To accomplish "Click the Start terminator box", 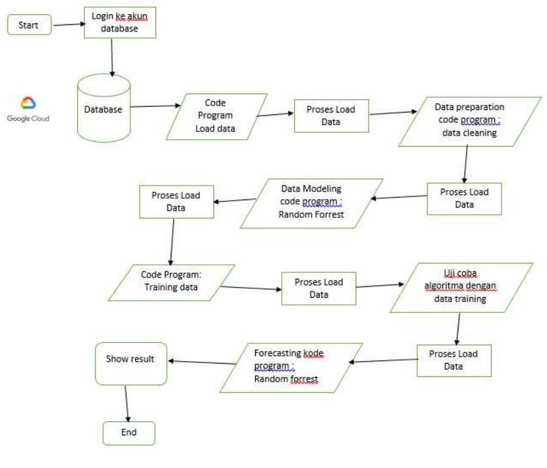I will (x=29, y=25).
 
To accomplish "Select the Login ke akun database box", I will (x=120, y=24).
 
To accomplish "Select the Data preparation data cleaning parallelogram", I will (x=470, y=121).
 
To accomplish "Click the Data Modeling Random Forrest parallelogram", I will (x=312, y=203).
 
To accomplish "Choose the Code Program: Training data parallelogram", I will (x=171, y=282).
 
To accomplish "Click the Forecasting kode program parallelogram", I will (x=291, y=367).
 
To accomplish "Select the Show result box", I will (x=131, y=363).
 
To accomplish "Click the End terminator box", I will (x=129, y=433).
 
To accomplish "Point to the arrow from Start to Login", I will (x=69, y=23).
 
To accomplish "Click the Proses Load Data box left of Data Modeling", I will (x=177, y=202).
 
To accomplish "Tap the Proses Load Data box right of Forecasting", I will (x=453, y=360).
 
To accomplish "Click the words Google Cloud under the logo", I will (x=28, y=118).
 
